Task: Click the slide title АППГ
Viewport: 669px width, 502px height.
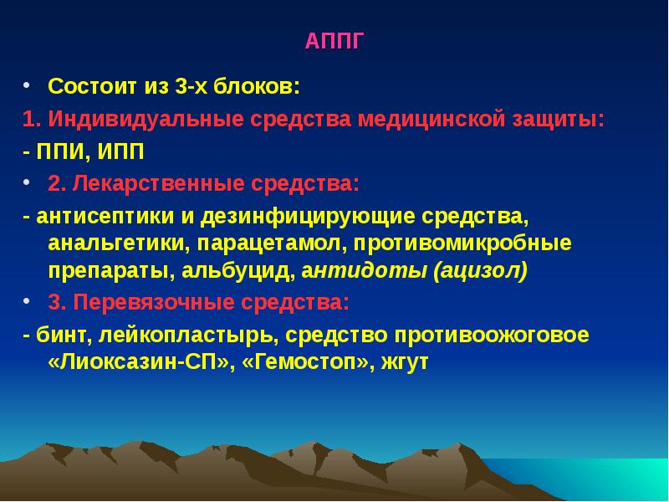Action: [334, 42]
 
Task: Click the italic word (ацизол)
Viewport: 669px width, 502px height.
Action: [480, 272]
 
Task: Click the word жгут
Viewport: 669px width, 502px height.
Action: [405, 364]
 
